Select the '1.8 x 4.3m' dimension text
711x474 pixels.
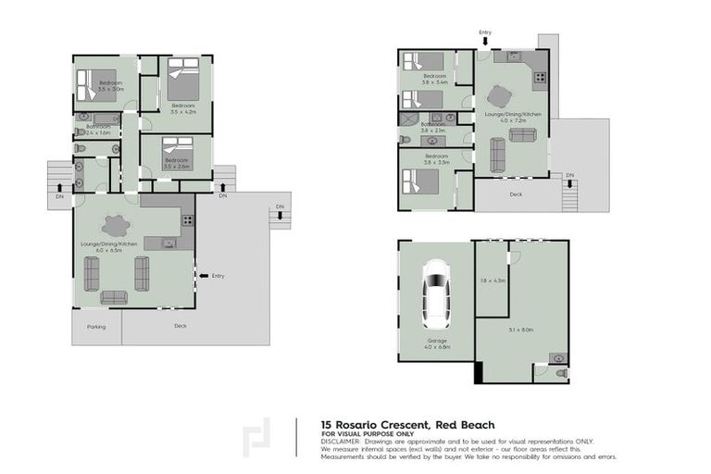point(493,280)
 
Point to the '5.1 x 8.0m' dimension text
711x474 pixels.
point(521,330)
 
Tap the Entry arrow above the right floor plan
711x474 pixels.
point(485,42)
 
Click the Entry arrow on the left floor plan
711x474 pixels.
point(200,275)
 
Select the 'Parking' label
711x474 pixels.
point(96,326)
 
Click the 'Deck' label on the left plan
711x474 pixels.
point(180,326)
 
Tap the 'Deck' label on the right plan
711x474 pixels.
point(516,194)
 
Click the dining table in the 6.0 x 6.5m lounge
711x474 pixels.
point(117,225)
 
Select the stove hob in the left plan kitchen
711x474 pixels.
point(187,220)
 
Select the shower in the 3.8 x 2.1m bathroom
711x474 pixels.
point(408,120)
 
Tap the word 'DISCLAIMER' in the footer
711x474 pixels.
point(341,441)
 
